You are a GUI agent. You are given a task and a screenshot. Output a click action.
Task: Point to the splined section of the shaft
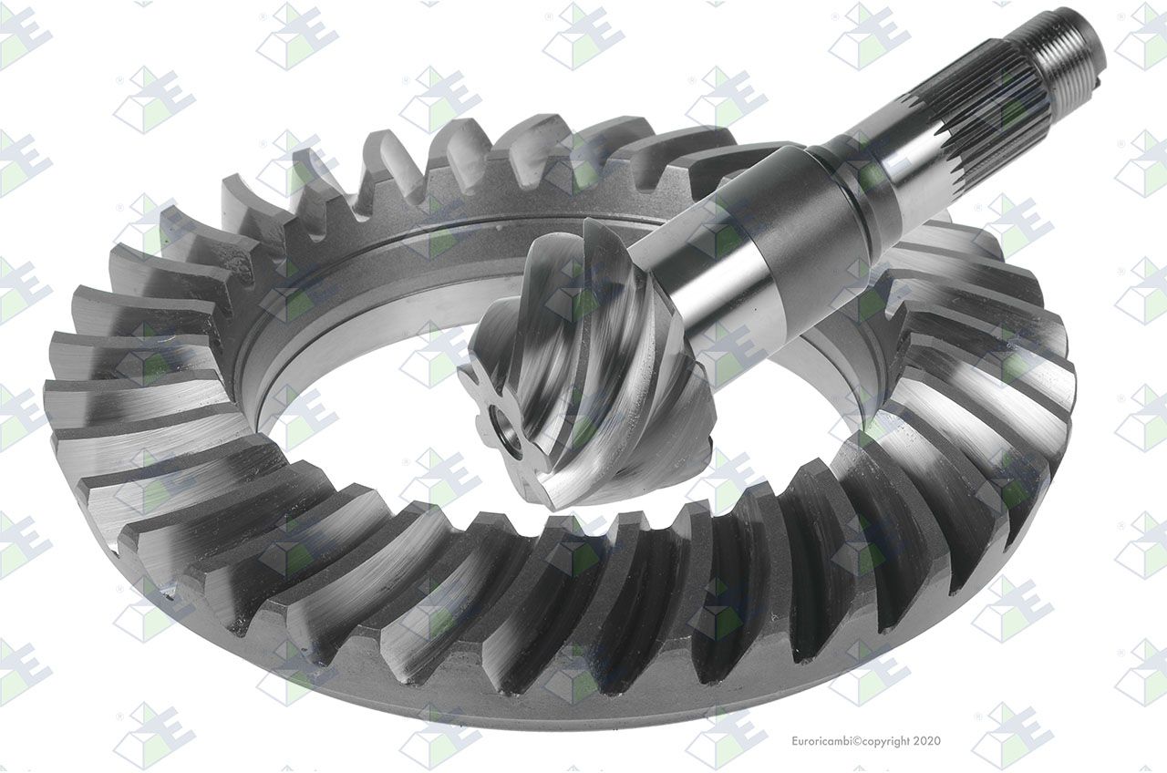[x=990, y=114]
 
